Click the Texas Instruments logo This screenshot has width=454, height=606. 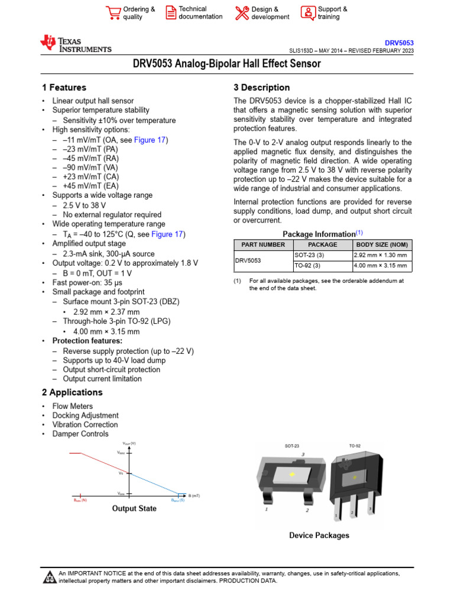pyautogui.click(x=75, y=44)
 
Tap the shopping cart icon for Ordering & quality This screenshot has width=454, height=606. pyautogui.click(x=112, y=12)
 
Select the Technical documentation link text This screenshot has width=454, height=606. pyautogui.click(x=200, y=13)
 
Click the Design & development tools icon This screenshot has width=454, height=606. pyautogui.click(x=242, y=12)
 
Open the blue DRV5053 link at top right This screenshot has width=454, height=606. pyautogui.click(x=400, y=43)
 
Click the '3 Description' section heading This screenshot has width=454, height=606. pyautogui.click(x=262, y=88)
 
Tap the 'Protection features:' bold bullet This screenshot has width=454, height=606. pyautogui.click(x=87, y=341)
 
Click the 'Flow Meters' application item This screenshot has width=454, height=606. pyautogui.click(x=73, y=407)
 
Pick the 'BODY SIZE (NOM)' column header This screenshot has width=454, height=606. pyautogui.click(x=381, y=244)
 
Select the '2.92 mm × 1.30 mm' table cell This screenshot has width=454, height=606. pyautogui.click(x=381, y=255)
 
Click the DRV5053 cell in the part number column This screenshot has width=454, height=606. pyautogui.click(x=248, y=260)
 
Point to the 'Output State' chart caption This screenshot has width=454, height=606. pyautogui.click(x=134, y=508)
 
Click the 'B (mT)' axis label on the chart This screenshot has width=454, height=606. pyautogui.click(x=194, y=495)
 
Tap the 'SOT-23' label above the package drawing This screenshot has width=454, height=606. pyautogui.click(x=292, y=446)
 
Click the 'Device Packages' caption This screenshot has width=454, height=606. pyautogui.click(x=319, y=536)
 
